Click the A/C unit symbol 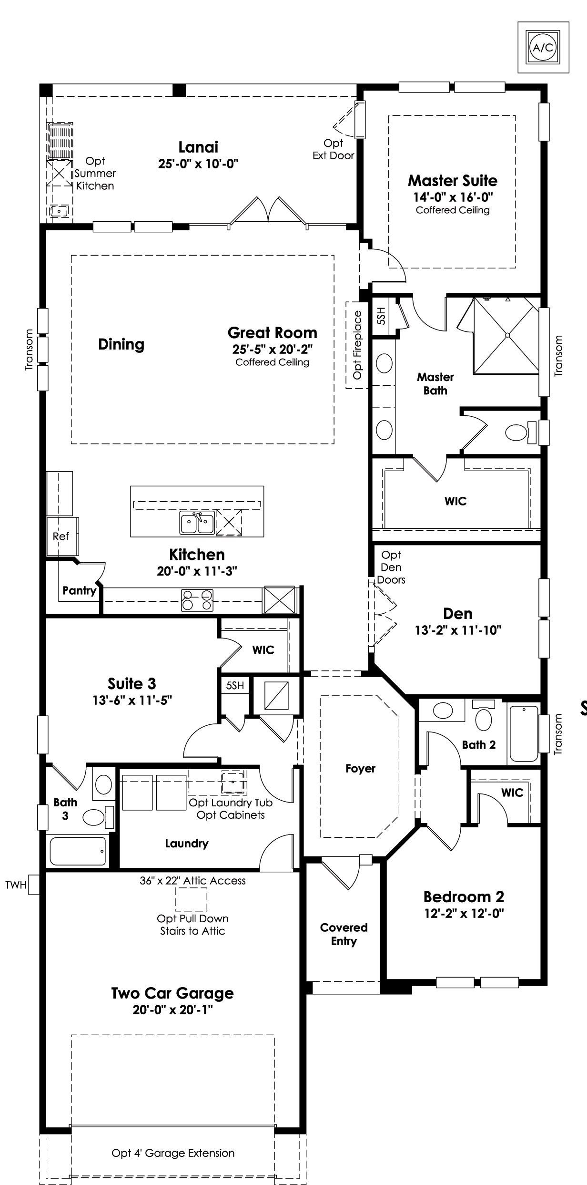click(x=543, y=47)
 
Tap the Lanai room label click(x=198, y=147)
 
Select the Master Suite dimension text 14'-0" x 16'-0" click(x=453, y=197)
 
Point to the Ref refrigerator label click(x=61, y=536)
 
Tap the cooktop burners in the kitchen click(x=197, y=600)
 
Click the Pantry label click(x=80, y=591)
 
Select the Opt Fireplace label click(x=358, y=345)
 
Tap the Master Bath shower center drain click(x=507, y=335)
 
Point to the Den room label click(x=458, y=614)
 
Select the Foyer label click(x=361, y=768)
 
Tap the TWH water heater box click(x=34, y=885)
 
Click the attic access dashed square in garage click(x=191, y=899)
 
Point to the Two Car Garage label click(x=172, y=993)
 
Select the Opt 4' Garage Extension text click(x=173, y=1153)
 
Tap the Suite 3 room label click(x=132, y=684)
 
